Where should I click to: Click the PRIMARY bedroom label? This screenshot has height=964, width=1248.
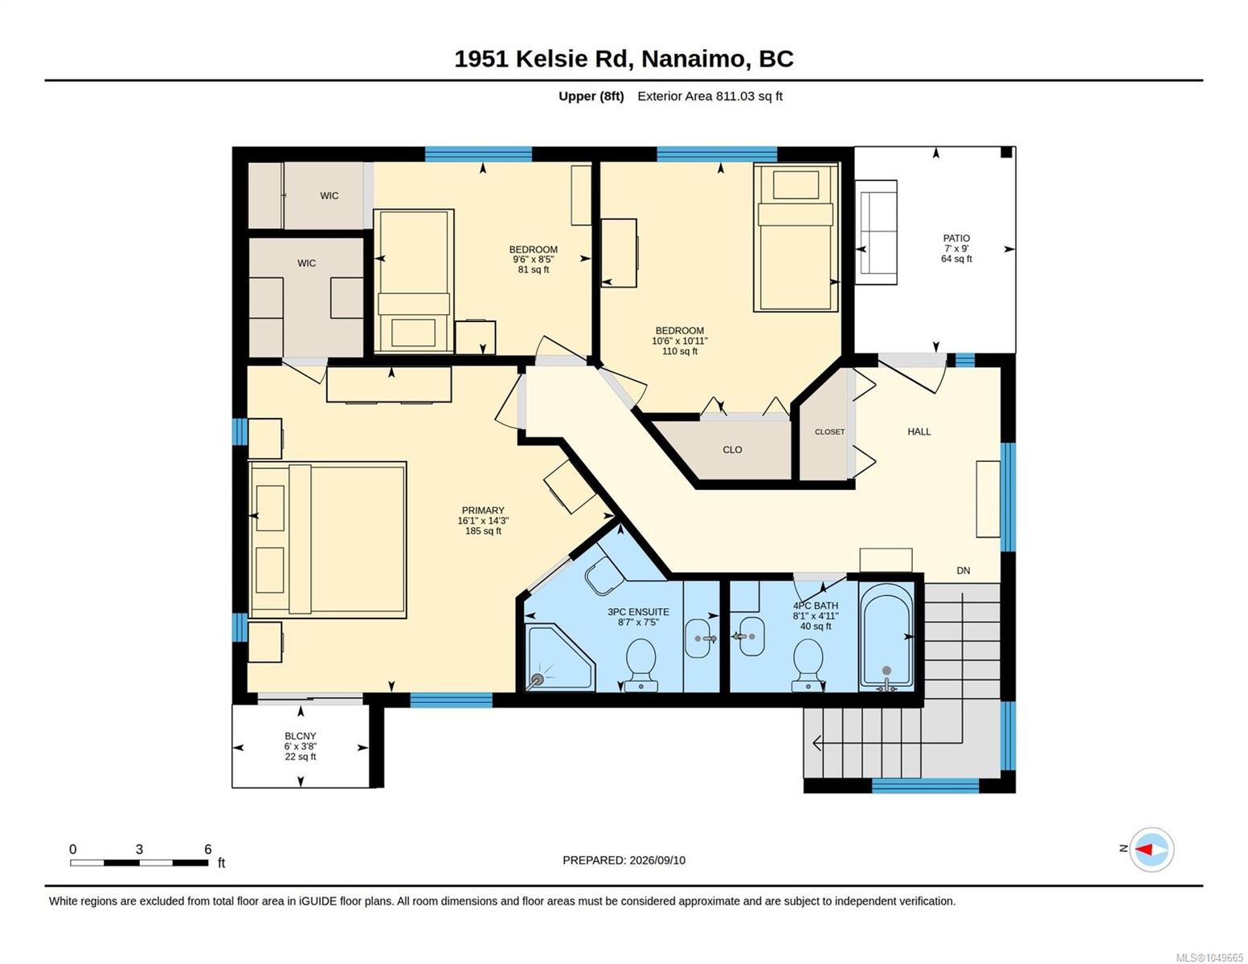point(483,510)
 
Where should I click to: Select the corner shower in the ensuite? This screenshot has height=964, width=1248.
point(561,658)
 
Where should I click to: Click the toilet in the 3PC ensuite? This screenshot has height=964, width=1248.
point(641,665)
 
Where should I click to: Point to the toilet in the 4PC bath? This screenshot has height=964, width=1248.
point(808,665)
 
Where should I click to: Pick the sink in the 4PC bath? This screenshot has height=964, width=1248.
point(751,636)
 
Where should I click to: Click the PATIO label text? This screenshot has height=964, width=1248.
point(956,239)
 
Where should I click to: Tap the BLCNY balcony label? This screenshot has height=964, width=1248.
point(301,736)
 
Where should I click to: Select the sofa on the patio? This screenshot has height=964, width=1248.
point(876,232)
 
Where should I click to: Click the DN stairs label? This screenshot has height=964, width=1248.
point(964,570)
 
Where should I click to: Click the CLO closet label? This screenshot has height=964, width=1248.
point(732,450)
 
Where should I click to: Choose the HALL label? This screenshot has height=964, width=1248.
point(919,431)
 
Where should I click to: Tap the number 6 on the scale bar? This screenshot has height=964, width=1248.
point(208,849)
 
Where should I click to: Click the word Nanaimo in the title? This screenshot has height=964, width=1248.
point(691,59)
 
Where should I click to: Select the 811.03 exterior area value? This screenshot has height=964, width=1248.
point(735,96)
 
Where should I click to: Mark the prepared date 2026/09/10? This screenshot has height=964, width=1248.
point(657,860)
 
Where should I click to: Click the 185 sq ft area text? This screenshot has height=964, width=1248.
point(483,531)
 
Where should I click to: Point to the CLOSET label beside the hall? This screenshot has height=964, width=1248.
point(829,431)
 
